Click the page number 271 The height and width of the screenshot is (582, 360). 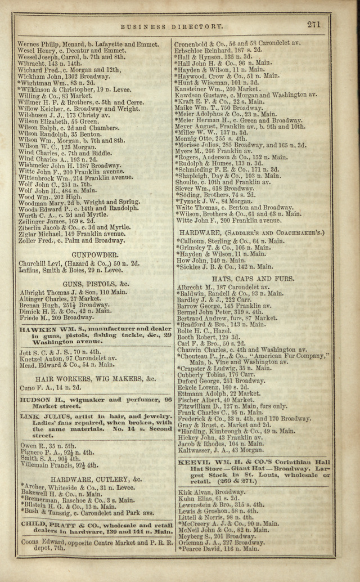pyautogui.click(x=313, y=24)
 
